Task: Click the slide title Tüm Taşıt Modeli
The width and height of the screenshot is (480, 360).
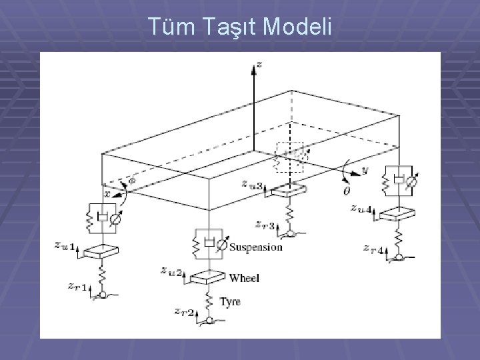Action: pos(239,27)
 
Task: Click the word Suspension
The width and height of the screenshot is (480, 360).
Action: pos(255,247)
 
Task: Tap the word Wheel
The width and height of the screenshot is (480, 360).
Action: pos(244,278)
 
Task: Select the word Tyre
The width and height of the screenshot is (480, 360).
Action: pos(231,302)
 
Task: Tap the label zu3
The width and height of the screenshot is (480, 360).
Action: pos(253,184)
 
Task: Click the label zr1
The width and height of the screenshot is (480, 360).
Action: pos(77,286)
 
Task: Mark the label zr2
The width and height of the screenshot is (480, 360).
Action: pos(183,312)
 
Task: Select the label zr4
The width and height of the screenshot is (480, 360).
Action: pos(373,249)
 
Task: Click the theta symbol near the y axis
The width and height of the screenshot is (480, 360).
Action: pos(347,191)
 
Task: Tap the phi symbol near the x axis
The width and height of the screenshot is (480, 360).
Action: pos(131,179)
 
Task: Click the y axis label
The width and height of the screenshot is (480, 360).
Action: pos(364,170)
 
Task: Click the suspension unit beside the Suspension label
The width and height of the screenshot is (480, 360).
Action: pos(209,245)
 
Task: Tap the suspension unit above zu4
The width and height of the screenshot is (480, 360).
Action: pos(399,181)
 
